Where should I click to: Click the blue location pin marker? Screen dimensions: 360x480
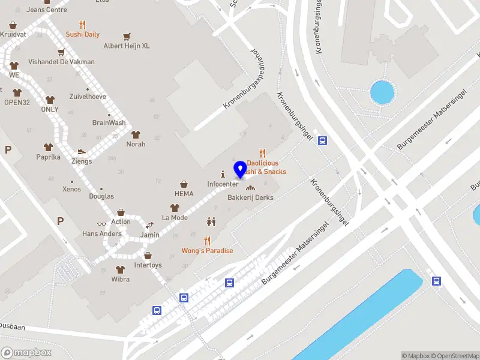(x=241, y=169)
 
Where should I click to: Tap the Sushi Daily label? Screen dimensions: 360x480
(x=83, y=34)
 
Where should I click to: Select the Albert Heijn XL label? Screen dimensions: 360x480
(x=127, y=46)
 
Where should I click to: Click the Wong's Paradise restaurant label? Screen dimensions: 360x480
(x=207, y=250)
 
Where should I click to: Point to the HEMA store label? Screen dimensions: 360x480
(x=184, y=194)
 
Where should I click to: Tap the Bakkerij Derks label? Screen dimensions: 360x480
(x=250, y=197)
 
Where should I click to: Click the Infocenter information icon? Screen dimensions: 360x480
(x=223, y=173)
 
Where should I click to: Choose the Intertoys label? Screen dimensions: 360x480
(x=148, y=265)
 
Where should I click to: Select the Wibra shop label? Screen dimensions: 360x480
(x=120, y=279)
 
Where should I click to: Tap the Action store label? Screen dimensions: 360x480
(x=121, y=221)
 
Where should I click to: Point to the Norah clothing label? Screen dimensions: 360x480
(x=136, y=144)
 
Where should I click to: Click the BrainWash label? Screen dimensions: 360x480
(x=109, y=122)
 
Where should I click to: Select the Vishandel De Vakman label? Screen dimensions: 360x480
(x=61, y=62)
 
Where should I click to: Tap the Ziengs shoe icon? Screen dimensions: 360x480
(x=82, y=152)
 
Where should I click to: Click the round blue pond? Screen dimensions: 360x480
(x=382, y=92)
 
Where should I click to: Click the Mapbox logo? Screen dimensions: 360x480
(x=26, y=352)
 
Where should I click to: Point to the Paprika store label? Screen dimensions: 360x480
(x=48, y=157)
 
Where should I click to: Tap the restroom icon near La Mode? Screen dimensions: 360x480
(x=211, y=221)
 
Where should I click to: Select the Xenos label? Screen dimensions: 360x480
(x=71, y=189)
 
